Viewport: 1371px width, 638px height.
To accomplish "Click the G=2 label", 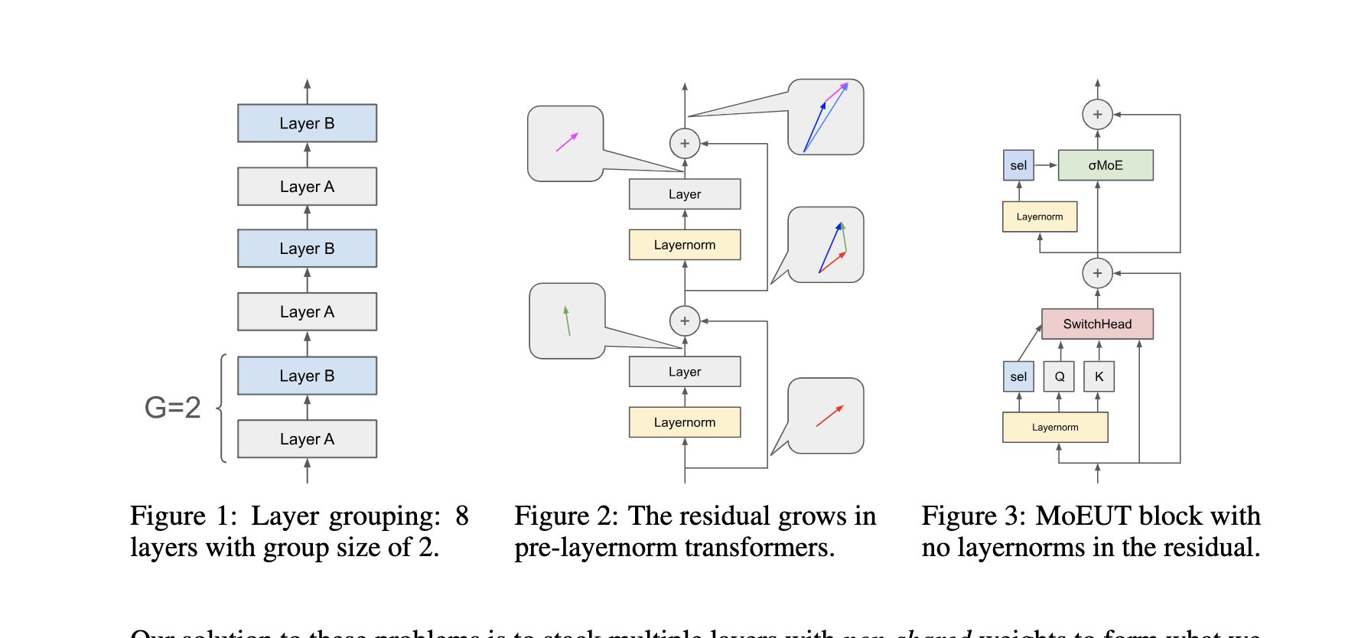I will [x=172, y=408].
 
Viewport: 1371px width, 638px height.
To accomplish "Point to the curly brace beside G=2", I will [x=222, y=408].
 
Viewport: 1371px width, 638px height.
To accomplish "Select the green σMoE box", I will [x=1105, y=165].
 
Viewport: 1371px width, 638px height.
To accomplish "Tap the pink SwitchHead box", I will [x=1097, y=324].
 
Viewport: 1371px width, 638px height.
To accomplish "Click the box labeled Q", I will [x=1059, y=376].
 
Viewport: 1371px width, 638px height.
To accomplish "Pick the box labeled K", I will [x=1099, y=376].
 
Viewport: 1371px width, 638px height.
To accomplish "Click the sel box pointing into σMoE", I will [x=1018, y=165].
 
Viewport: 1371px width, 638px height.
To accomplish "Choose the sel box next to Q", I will [x=1018, y=376].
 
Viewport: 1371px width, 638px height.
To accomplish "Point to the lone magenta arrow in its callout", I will [x=567, y=142].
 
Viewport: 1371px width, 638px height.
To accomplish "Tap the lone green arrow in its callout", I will [x=567, y=321].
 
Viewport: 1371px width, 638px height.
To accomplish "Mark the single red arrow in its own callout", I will [x=829, y=415].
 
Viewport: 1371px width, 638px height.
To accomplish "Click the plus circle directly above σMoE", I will [x=1097, y=115].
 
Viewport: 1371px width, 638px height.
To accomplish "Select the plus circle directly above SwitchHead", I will [x=1097, y=273].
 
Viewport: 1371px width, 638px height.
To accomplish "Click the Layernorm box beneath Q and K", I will [x=1055, y=428].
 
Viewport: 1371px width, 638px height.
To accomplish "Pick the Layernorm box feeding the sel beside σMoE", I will [x=1040, y=216].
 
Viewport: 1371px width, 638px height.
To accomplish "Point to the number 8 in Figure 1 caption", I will [x=461, y=516].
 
